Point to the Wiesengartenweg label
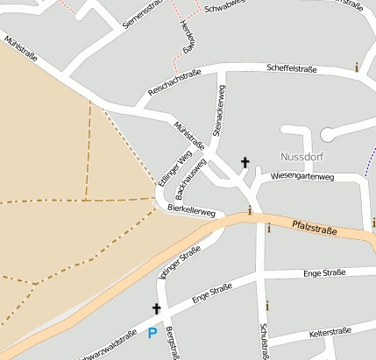(303, 176)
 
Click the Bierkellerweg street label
(191, 210)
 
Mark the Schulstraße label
(262, 342)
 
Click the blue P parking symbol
(152, 333)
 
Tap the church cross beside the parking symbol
(157, 308)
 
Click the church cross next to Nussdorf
(245, 162)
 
